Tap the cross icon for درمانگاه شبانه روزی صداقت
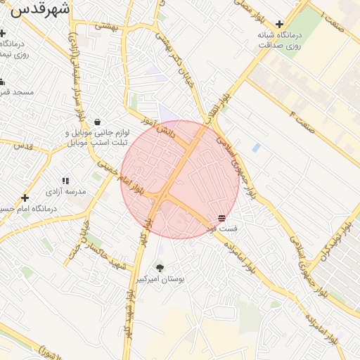(x=279, y=24)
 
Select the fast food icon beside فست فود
(x=222, y=218)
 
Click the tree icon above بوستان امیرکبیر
(x=160, y=268)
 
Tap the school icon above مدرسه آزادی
(x=65, y=181)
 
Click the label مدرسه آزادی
(x=65, y=191)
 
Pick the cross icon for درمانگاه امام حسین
(x=25, y=198)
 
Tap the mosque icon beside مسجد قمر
(x=3, y=82)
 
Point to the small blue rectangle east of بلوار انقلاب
(x=256, y=148)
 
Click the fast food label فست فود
(x=226, y=229)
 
